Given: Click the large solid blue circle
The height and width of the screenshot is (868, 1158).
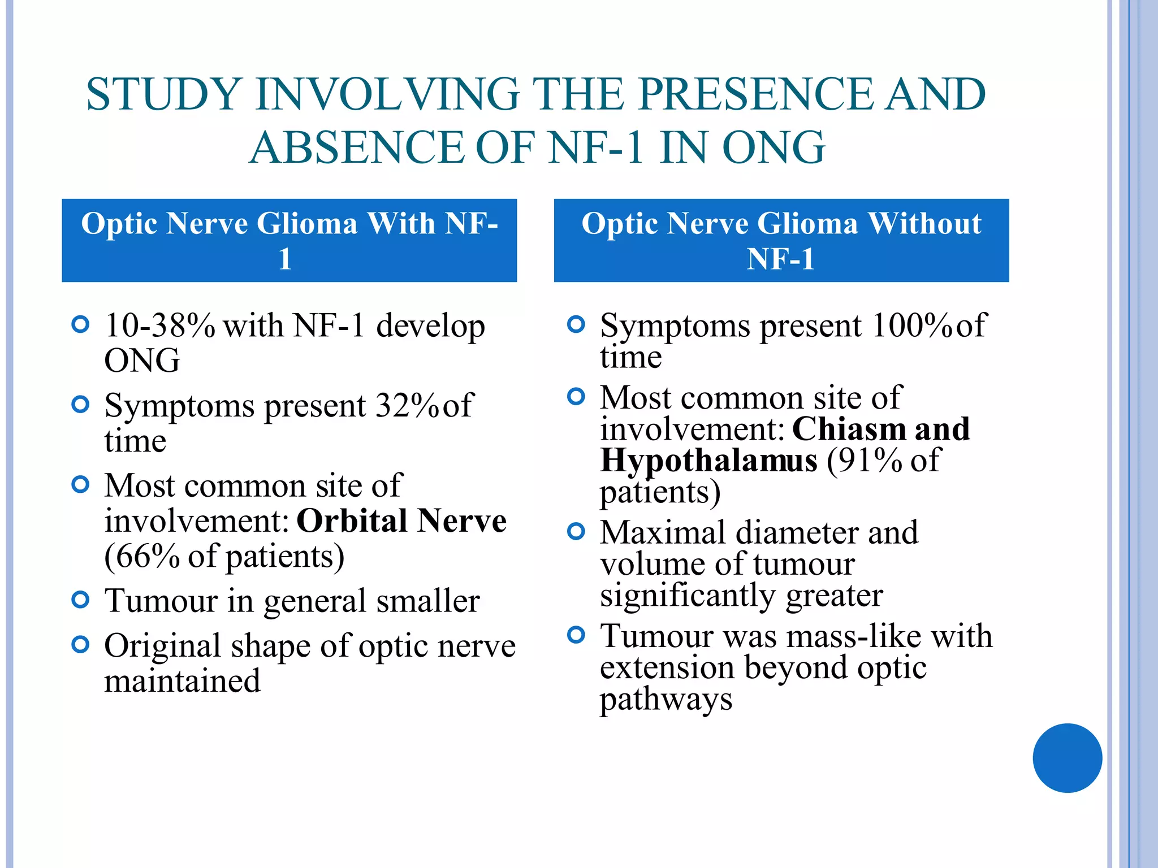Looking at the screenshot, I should (x=1067, y=758).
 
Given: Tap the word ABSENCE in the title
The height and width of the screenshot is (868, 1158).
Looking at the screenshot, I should (x=357, y=147).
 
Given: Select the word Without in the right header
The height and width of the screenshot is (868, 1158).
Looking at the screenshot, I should (x=924, y=223).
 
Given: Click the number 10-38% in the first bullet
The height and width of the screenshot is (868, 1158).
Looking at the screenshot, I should (x=159, y=326).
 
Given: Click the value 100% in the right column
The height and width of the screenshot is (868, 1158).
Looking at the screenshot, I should (x=913, y=325).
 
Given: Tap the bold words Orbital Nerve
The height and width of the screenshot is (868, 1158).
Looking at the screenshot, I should (x=401, y=520).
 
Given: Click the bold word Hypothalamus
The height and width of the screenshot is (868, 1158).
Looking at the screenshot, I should (x=708, y=460).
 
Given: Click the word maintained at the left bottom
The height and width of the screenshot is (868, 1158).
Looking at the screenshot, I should (x=182, y=681).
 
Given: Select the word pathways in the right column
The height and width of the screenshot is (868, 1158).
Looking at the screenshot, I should (x=666, y=699).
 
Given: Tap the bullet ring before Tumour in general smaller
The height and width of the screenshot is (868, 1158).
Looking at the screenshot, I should (x=81, y=600).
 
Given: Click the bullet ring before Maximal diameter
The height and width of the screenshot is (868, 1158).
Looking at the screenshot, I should (x=576, y=531).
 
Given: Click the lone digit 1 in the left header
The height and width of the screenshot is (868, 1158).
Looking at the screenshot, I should (x=285, y=259).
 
